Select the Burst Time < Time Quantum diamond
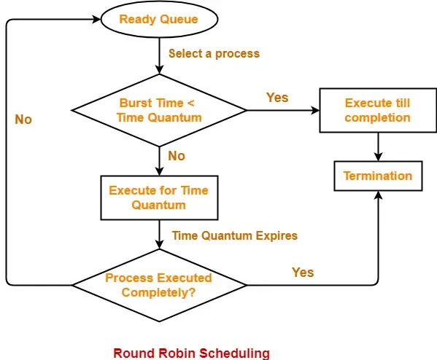(x=158, y=110)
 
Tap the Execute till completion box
(x=377, y=110)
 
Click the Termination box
(x=377, y=176)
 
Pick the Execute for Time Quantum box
(x=158, y=197)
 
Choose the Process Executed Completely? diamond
(x=158, y=285)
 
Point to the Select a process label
(x=214, y=53)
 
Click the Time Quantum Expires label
(x=234, y=235)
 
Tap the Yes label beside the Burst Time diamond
(x=277, y=97)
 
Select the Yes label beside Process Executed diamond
(x=303, y=272)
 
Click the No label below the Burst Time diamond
(x=177, y=155)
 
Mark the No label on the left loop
(x=23, y=119)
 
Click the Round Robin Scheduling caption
(x=191, y=353)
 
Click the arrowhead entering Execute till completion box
(x=315, y=110)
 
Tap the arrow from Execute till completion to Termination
(x=377, y=147)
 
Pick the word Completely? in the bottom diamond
(x=158, y=292)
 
